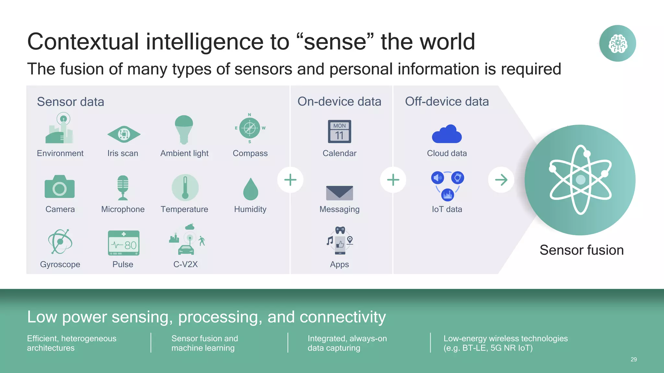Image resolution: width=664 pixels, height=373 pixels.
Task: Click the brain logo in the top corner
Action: click(617, 43)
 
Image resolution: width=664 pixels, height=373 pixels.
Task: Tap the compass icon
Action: click(250, 128)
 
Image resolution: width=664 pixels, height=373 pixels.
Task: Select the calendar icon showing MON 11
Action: click(339, 132)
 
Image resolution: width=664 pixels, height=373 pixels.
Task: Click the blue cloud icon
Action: click(447, 134)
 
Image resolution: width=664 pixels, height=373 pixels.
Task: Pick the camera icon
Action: click(60, 187)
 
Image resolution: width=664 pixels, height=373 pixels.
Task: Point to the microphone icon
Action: click(123, 187)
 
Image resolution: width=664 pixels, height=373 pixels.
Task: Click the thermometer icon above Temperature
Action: click(185, 187)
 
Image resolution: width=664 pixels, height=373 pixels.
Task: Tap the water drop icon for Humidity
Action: click(251, 189)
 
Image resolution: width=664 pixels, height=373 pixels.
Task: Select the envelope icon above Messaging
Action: click(339, 193)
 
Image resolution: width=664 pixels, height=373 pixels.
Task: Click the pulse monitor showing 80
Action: click(124, 243)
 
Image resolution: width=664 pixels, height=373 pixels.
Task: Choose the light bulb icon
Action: click(184, 129)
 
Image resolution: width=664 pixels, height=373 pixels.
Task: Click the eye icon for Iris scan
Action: click(124, 134)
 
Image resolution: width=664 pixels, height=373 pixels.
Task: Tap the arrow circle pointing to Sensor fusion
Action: click(501, 180)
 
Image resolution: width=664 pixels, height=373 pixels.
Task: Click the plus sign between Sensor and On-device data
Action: click(290, 180)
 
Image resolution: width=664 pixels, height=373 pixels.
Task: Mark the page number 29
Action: click(634, 359)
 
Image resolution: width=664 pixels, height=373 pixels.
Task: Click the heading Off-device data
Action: click(447, 102)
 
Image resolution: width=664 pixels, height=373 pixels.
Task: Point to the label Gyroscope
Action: click(60, 265)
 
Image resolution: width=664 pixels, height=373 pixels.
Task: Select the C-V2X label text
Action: click(185, 265)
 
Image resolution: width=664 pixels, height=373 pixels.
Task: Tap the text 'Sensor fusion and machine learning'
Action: click(205, 343)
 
